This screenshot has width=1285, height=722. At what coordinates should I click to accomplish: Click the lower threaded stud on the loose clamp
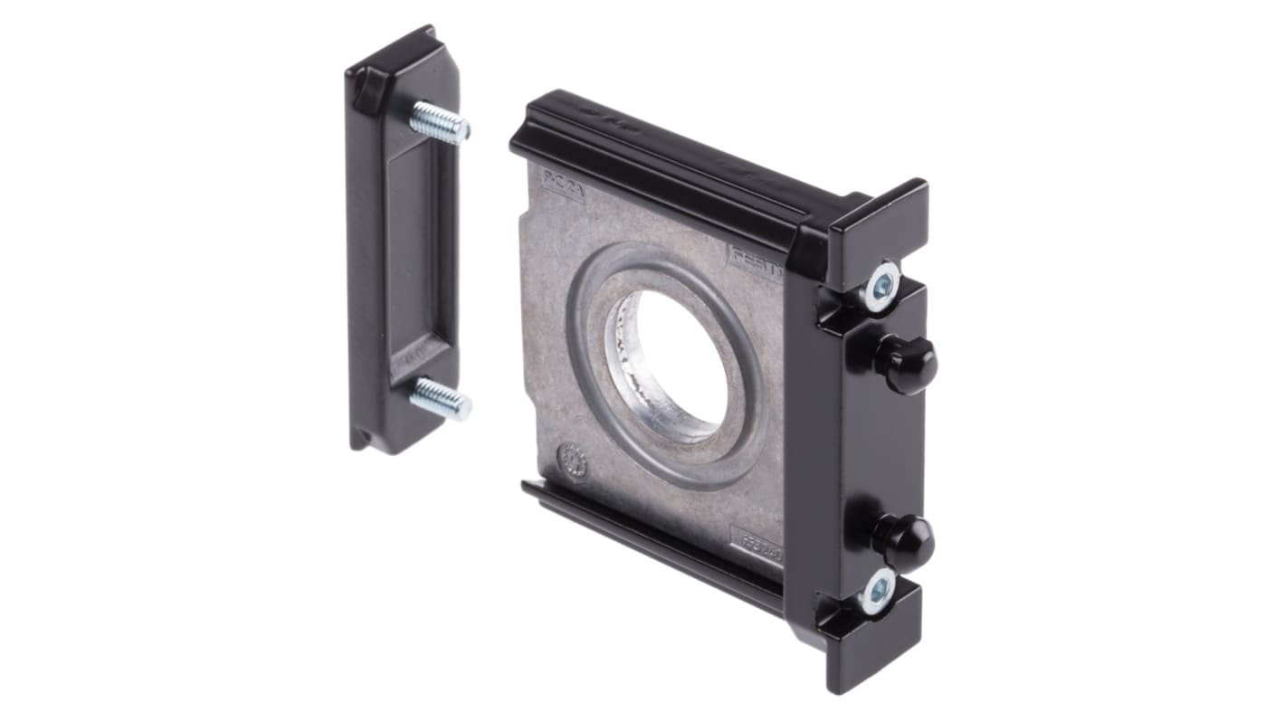click(x=441, y=398)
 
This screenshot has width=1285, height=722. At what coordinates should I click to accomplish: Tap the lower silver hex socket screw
click(x=876, y=592)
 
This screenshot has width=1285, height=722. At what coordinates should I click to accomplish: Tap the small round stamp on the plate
click(x=572, y=461)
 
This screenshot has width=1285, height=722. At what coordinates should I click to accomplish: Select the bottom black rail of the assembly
click(x=652, y=543)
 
